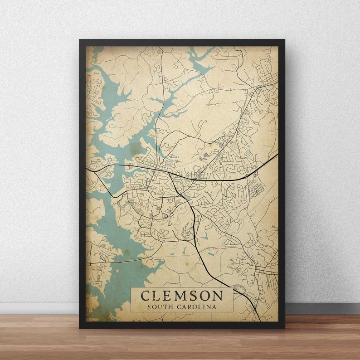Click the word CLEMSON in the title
click(182, 296)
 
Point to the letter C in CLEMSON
click(146, 296)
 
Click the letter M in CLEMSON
click(178, 296)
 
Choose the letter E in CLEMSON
click(165, 296)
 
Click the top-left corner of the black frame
click(80, 40)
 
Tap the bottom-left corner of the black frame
click(80, 327)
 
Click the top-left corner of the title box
click(131, 287)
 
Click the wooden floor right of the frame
click(322, 336)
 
